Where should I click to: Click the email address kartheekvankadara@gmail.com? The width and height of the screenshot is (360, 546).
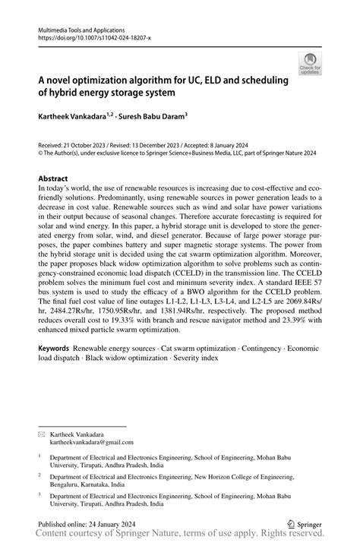[92, 441]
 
